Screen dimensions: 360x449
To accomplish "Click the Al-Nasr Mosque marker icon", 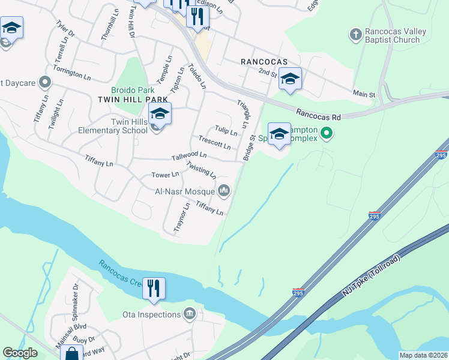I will coord(224,191).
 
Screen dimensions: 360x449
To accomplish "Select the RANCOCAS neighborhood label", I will coord(264,62).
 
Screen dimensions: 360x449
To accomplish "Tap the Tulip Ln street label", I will coord(226,131).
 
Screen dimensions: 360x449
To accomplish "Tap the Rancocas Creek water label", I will coord(124,273).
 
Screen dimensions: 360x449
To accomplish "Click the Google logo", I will coord(20,353).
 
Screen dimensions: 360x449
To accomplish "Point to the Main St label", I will coord(364,94).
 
